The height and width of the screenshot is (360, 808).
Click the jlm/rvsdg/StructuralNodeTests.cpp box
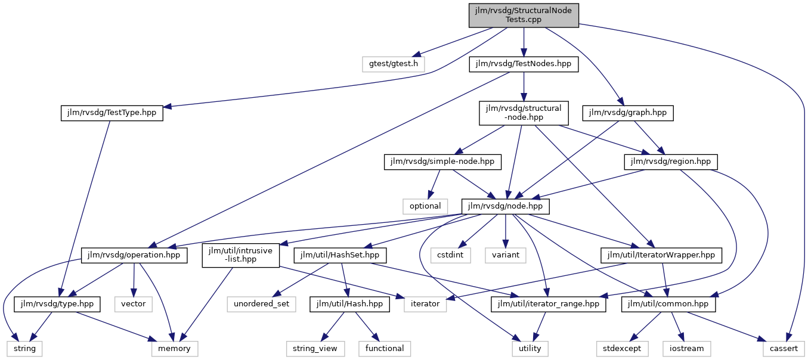524,15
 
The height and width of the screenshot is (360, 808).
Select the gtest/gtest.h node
393,64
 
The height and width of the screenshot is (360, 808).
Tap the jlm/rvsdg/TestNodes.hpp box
524,64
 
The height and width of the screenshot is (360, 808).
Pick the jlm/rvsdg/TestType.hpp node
112,113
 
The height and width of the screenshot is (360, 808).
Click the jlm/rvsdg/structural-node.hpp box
524,113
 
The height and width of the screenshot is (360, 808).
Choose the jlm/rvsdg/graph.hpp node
628,113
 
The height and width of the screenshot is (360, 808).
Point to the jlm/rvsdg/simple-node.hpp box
442,162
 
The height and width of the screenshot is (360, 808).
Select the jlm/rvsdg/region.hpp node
671,162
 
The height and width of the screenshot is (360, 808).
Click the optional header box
425,206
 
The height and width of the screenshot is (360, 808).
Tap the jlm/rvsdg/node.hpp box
505,206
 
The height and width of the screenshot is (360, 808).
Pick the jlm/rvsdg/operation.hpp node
134,255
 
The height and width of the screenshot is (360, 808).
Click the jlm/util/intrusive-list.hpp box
240,255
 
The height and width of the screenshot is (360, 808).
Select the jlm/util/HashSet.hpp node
340,255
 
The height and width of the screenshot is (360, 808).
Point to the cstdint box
450,255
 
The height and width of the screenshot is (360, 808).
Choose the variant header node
505,255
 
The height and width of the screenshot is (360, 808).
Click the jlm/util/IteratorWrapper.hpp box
661,255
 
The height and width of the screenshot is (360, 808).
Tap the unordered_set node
262,305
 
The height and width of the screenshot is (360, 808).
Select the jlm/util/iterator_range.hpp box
548,305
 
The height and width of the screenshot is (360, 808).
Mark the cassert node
784,349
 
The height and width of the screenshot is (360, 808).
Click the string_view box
315,349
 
